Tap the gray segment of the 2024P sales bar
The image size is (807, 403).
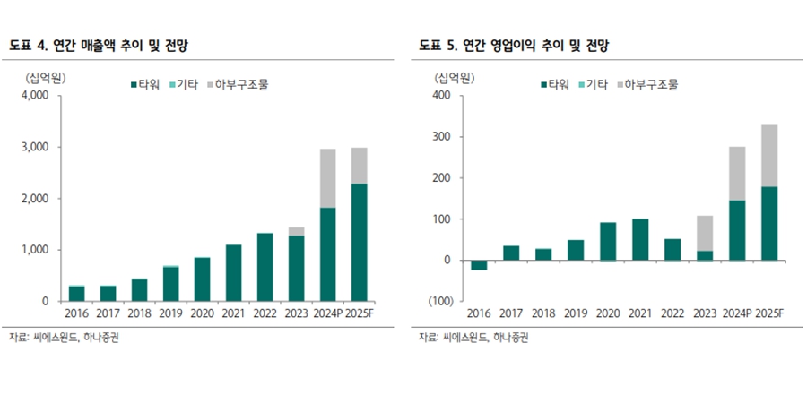tap(327, 178)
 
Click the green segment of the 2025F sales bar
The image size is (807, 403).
tap(359, 242)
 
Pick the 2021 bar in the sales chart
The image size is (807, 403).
tap(234, 272)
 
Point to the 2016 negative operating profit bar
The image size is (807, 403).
tap(479, 265)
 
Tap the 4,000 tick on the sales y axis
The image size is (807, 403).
tap(35, 96)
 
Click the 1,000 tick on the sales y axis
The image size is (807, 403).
tap(35, 250)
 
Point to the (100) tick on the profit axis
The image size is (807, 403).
tap(439, 301)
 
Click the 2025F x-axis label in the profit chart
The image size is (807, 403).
tap(768, 314)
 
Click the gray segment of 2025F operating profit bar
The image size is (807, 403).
tap(768, 155)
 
